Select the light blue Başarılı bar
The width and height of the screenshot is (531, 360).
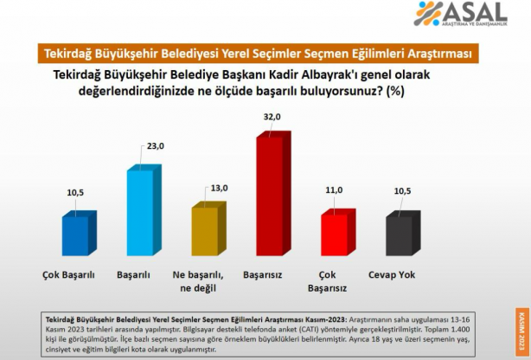coord(142,212)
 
